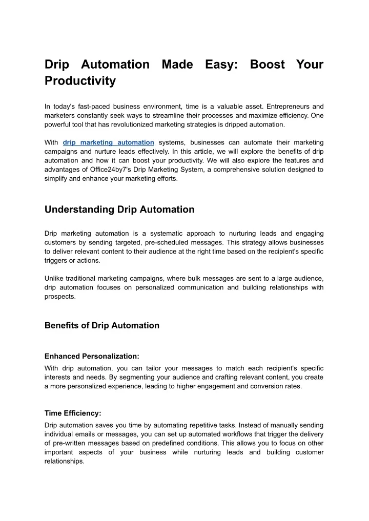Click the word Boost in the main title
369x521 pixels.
268,65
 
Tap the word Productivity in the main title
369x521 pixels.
80,81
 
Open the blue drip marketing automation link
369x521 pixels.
108,142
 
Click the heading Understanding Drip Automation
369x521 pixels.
119,209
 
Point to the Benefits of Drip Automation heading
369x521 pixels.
102,325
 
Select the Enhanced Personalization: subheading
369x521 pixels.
92,356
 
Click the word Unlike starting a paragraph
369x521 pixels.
54,278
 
